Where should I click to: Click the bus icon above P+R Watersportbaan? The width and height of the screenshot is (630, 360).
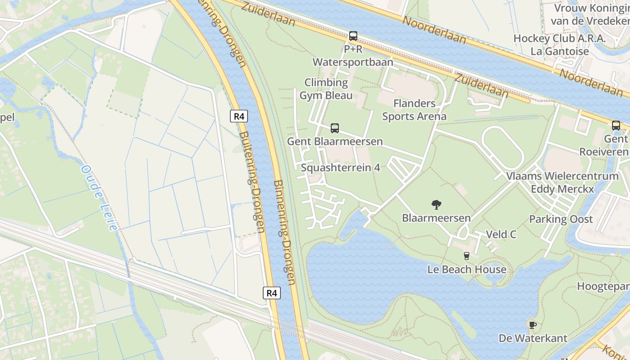pyautogui.click(x=353, y=36)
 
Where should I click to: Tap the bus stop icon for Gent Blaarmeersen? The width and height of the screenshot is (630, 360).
pyautogui.click(x=335, y=128)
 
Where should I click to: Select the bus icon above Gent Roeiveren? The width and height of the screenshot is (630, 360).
pyautogui.click(x=616, y=126)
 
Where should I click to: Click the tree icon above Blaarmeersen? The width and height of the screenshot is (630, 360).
pyautogui.click(x=436, y=205)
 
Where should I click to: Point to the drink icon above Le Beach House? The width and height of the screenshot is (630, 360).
pyautogui.click(x=467, y=256)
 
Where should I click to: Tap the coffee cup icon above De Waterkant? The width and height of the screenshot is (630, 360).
pyautogui.click(x=533, y=325)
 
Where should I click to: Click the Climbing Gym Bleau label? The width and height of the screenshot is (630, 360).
pyautogui.click(x=326, y=89)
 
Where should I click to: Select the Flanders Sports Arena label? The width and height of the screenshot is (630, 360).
pyautogui.click(x=414, y=110)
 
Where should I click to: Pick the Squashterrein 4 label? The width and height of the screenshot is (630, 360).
pyautogui.click(x=341, y=168)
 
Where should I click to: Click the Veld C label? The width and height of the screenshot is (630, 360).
pyautogui.click(x=501, y=234)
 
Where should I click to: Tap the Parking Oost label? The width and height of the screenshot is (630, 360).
pyautogui.click(x=561, y=219)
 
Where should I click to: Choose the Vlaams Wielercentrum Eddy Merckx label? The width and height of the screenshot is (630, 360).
pyautogui.click(x=562, y=182)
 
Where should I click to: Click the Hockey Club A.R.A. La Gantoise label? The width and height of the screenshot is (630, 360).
pyautogui.click(x=560, y=45)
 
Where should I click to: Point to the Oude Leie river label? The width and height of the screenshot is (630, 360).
pyautogui.click(x=99, y=198)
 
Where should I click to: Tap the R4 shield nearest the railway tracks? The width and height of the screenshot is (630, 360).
pyautogui.click(x=272, y=293)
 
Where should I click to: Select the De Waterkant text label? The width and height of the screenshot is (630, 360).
pyautogui.click(x=533, y=338)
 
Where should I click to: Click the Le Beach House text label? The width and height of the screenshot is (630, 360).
pyautogui.click(x=467, y=270)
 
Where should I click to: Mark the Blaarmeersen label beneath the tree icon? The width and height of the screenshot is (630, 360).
pyautogui.click(x=436, y=218)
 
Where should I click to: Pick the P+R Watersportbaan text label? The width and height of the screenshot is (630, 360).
pyautogui.click(x=353, y=56)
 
